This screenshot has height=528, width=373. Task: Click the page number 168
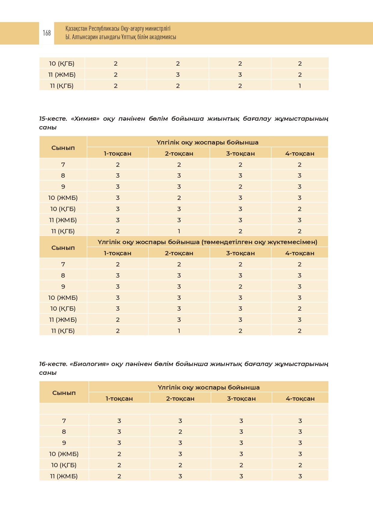47,33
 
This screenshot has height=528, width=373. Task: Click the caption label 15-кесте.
53,119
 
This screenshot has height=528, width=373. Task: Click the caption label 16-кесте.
53,364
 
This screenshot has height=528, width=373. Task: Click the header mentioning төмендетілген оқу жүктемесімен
207,242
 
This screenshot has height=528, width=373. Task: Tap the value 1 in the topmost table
300,86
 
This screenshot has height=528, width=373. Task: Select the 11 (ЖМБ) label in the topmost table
62,75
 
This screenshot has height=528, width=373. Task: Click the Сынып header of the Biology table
64,393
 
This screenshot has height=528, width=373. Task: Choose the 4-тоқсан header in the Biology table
300,399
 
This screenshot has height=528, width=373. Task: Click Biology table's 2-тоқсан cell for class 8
180,432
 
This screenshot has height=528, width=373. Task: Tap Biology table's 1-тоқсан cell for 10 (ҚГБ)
119,465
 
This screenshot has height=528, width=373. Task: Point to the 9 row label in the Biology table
64,443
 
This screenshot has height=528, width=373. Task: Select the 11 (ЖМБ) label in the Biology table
64,476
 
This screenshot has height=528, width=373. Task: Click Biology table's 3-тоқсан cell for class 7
241,421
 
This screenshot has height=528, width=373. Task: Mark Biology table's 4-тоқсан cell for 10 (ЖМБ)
300,454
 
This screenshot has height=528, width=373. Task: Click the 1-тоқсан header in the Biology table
119,399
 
